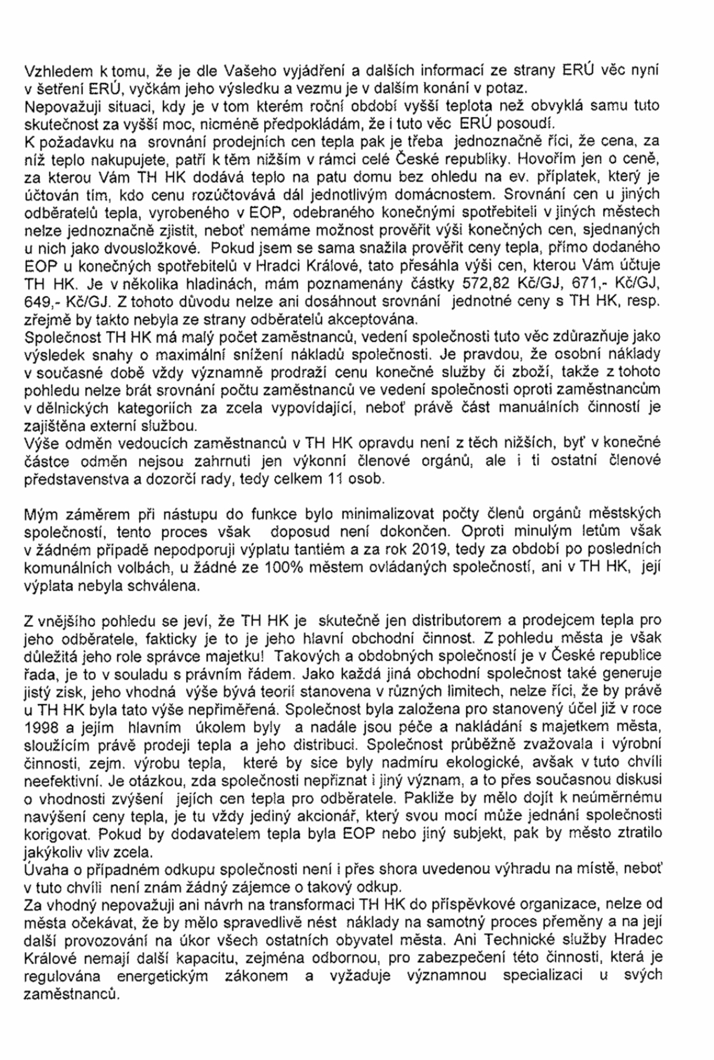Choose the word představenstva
pos(73,479)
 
